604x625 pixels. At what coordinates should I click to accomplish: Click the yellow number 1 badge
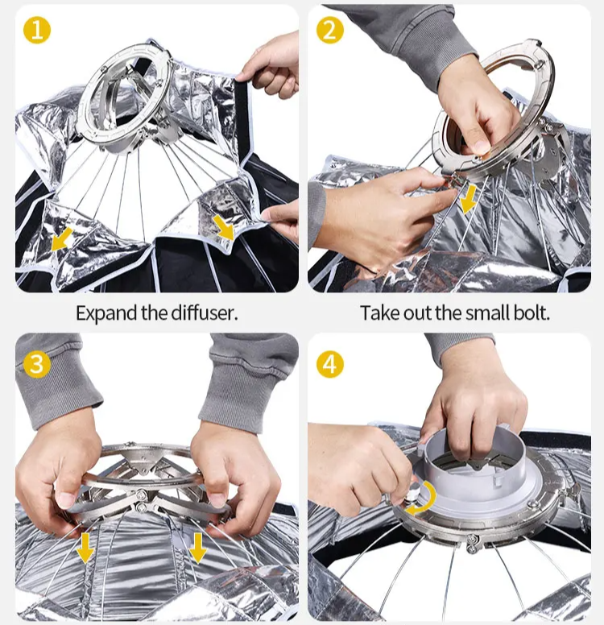[x=37, y=31]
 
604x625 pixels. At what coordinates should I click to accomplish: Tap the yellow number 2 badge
[x=329, y=31]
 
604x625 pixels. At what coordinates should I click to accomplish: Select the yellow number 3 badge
[x=37, y=364]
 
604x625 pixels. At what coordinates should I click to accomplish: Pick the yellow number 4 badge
[x=329, y=364]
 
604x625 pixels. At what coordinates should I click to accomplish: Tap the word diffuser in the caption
[x=204, y=312]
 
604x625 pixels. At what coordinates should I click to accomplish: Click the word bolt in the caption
[x=532, y=312]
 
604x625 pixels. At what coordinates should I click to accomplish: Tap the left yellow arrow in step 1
[x=62, y=239]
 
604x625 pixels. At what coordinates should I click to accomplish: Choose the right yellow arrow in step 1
[x=224, y=228]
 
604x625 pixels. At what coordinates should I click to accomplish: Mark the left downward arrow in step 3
[x=85, y=548]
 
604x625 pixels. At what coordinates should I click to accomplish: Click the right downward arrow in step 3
[x=198, y=548]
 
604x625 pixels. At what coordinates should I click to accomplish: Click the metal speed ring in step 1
[x=124, y=96]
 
